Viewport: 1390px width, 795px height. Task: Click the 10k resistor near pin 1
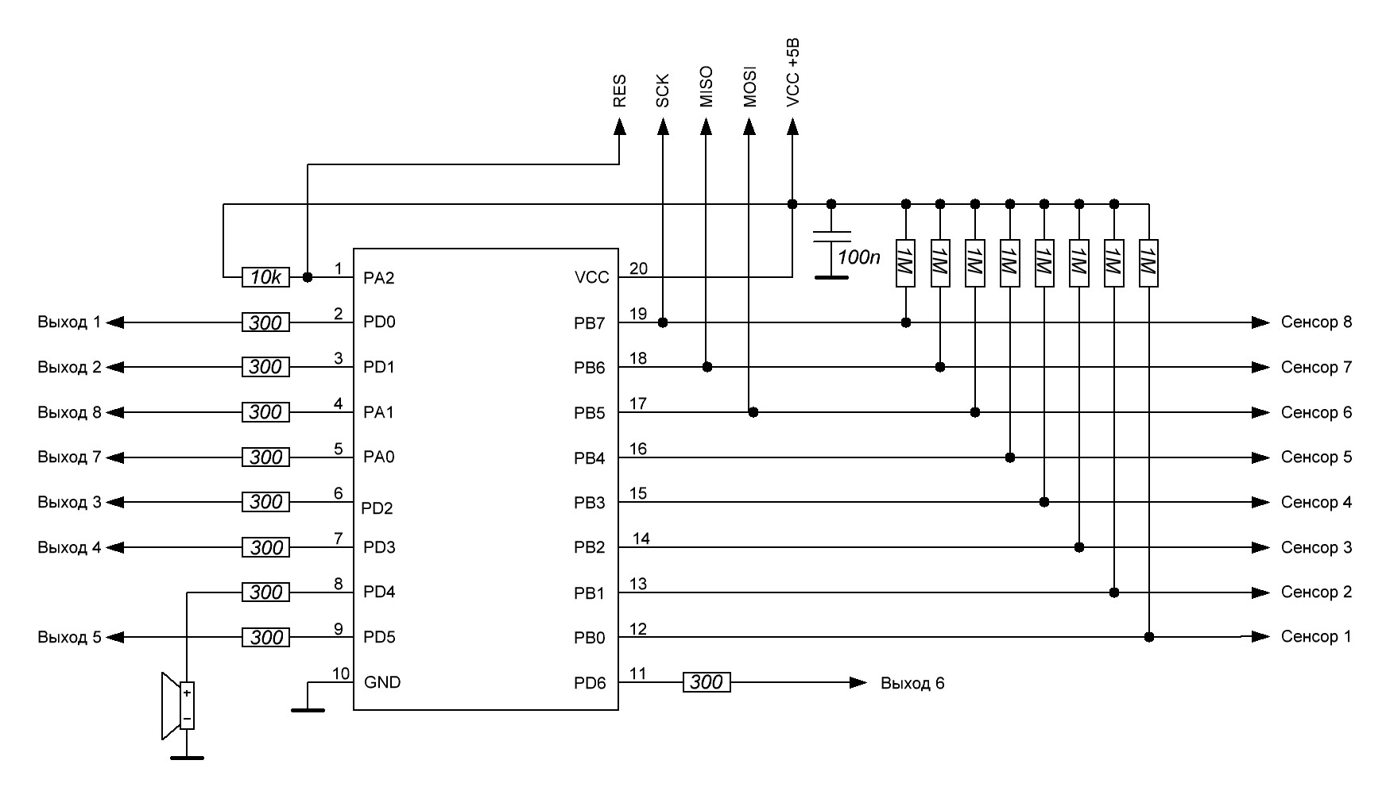click(266, 277)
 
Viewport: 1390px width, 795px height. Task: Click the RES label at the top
click(620, 91)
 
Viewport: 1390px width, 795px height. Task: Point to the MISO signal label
click(706, 87)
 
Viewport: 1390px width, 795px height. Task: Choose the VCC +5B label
click(792, 73)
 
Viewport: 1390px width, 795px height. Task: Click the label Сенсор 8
click(1316, 322)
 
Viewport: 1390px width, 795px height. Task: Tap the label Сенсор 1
click(1316, 637)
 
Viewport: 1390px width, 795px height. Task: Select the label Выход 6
click(912, 683)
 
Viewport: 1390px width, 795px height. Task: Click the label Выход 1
click(69, 322)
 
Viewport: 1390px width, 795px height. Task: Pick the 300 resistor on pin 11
click(707, 682)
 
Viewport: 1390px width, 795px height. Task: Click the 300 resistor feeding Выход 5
click(266, 637)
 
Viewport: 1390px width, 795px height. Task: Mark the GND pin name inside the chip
click(382, 682)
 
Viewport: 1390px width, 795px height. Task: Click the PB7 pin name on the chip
click(590, 323)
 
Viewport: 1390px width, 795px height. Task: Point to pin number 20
click(638, 268)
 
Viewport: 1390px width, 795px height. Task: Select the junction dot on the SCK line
click(663, 322)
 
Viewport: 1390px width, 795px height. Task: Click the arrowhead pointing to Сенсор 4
click(1260, 502)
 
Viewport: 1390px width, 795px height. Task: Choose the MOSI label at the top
click(749, 87)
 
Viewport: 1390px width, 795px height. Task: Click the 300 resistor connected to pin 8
click(266, 592)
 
